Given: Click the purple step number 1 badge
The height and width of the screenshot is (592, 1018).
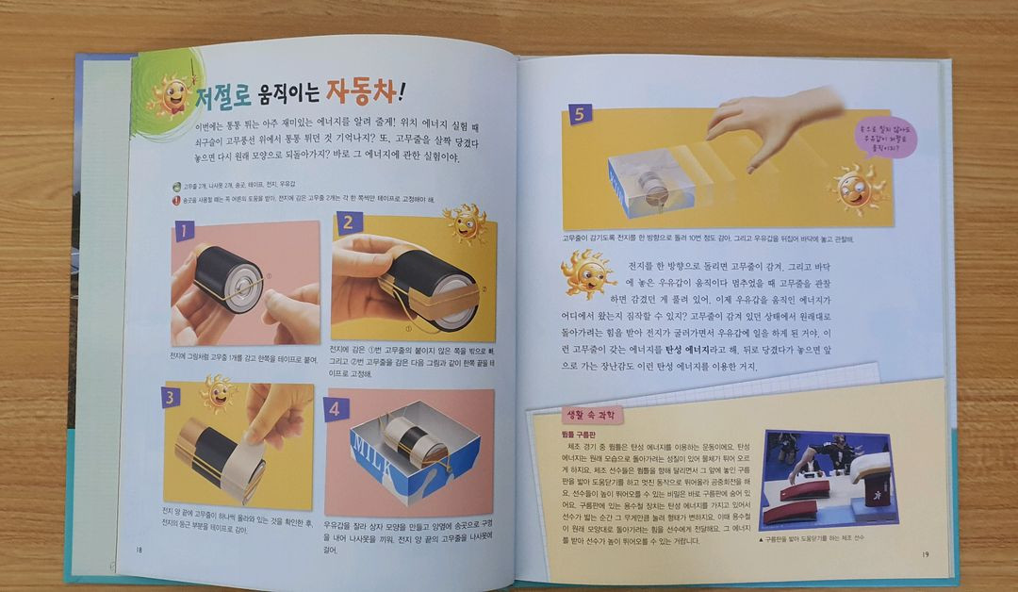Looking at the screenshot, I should coord(185,230).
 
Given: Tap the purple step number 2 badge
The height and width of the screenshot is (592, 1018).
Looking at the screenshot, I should coord(347,222).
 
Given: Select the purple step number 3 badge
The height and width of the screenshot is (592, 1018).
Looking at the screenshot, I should coord(172,396).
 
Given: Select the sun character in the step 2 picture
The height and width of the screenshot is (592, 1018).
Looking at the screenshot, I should coord(465,223).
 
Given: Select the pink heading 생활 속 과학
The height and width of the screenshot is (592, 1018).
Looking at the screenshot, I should coord(587,416).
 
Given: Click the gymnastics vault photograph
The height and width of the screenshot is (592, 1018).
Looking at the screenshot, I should coord(828,479).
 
